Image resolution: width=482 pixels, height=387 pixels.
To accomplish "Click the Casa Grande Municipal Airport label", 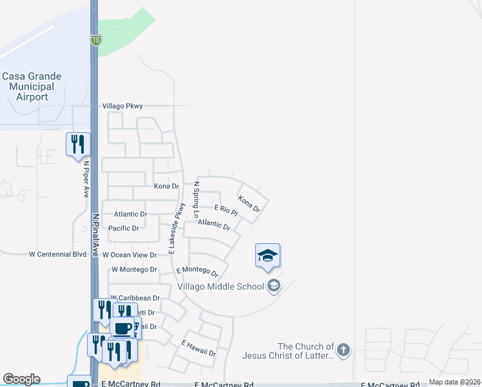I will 32,86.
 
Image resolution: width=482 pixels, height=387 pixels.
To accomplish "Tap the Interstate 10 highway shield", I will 95,41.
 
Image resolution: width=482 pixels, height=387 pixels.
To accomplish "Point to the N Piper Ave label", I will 85,179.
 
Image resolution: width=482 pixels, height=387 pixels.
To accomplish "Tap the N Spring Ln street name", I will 197,199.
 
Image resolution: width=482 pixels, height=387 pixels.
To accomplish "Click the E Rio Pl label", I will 226,210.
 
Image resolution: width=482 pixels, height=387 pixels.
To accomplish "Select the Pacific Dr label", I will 124,228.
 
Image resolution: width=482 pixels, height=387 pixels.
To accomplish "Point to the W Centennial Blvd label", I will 57,254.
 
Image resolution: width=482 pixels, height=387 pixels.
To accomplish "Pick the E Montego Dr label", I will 201,271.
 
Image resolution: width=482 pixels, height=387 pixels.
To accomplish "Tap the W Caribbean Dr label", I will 135,299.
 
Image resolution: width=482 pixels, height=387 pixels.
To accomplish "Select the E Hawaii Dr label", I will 198,348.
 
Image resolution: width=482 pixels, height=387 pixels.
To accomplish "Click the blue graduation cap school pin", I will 267,255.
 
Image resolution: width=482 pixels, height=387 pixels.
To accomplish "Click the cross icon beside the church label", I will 343,350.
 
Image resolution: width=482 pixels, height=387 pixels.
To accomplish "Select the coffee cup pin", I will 122,328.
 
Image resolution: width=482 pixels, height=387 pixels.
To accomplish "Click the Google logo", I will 21,379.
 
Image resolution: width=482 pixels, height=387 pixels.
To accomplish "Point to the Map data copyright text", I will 455,382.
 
